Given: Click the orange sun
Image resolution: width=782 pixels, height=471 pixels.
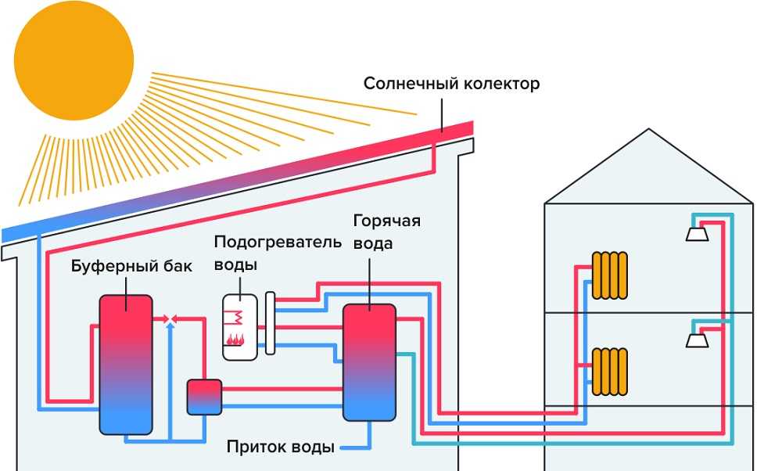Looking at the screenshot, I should [x=74, y=61].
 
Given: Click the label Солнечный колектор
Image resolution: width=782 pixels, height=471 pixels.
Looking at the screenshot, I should [x=451, y=83].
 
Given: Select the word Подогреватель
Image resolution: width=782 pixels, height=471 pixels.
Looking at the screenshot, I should [x=278, y=241].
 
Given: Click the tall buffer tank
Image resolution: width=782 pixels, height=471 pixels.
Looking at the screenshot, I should [x=125, y=364].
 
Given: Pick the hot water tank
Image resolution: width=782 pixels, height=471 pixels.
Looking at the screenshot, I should [x=369, y=362].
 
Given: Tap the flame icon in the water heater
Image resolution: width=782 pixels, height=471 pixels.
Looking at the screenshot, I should [x=235, y=339].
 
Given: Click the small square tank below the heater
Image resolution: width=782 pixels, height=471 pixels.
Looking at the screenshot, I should [x=205, y=397].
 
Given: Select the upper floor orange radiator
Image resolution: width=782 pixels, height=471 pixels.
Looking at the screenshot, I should [x=610, y=275].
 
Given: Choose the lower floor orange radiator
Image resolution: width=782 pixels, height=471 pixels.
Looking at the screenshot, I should [x=610, y=371].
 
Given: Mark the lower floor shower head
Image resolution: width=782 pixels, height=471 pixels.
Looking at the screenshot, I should [x=697, y=340].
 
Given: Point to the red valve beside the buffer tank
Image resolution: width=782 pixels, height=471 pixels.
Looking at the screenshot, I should [x=169, y=318].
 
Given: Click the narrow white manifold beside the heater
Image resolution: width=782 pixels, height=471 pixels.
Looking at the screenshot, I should [x=271, y=324].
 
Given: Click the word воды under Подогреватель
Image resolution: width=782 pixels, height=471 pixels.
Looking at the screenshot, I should [x=236, y=264].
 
